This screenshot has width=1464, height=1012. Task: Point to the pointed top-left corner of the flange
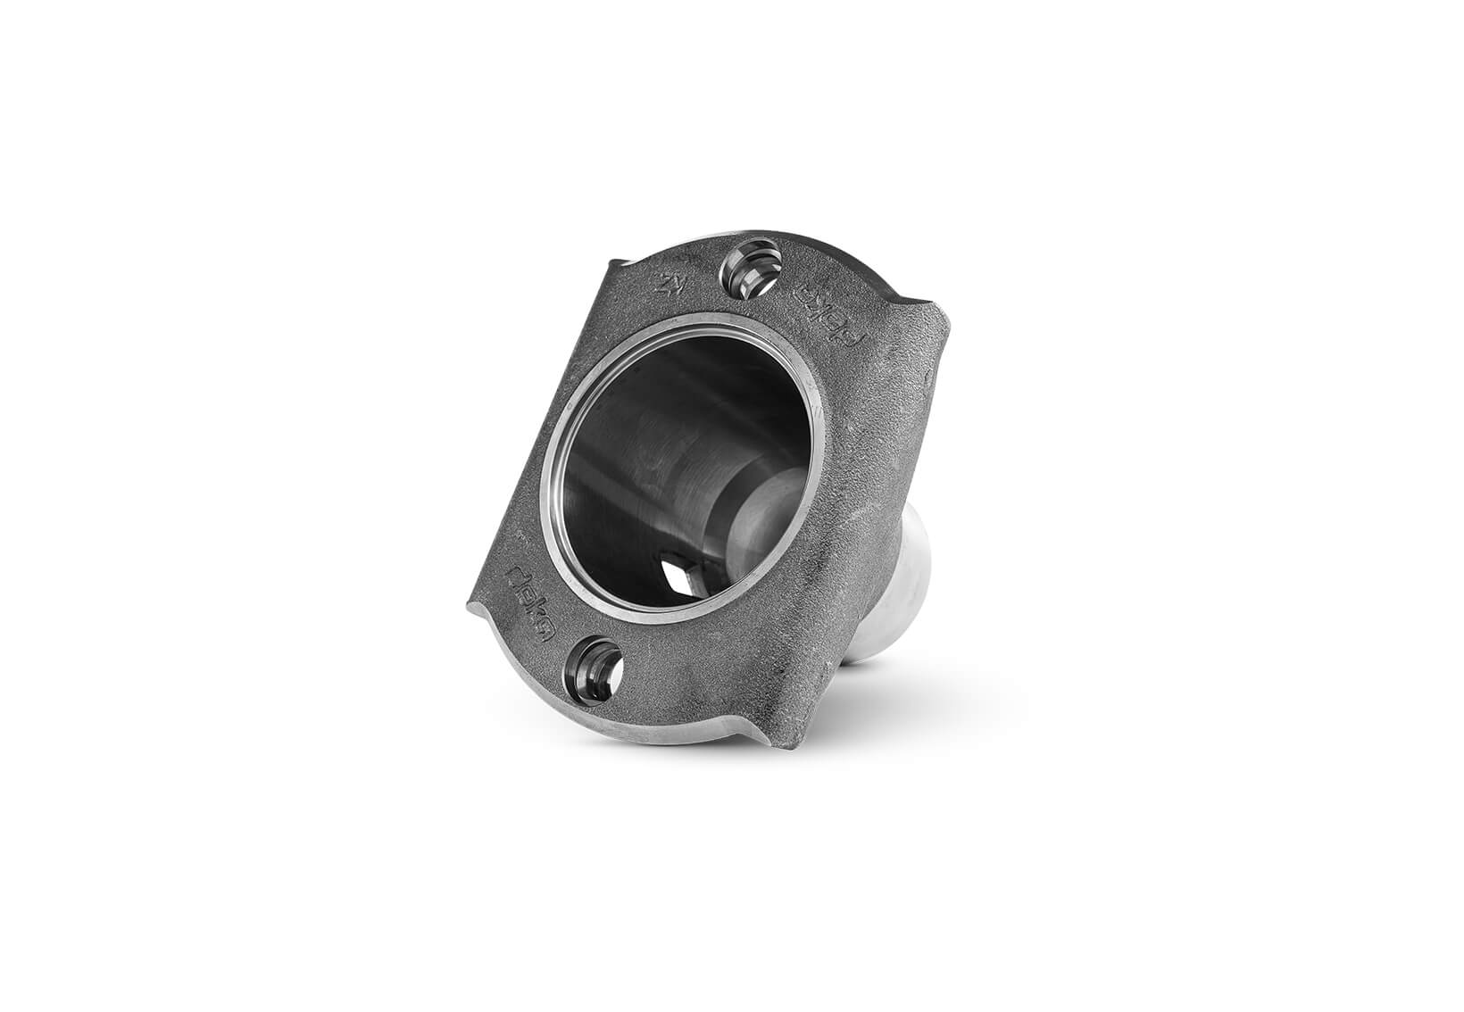[x=610, y=261]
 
